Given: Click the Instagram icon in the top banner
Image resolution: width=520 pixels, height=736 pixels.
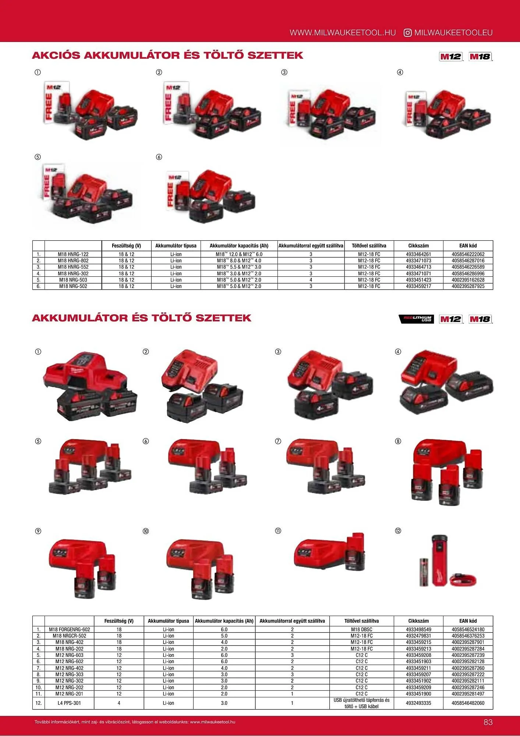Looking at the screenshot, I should pyautogui.click(x=407, y=33).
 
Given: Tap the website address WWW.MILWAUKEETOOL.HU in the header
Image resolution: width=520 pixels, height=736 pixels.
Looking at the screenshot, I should pyautogui.click(x=343, y=33).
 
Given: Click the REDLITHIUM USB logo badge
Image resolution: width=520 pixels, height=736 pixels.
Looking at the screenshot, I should pyautogui.click(x=416, y=319).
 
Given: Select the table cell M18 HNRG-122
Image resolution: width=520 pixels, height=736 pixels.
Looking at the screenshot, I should pyautogui.click(x=73, y=254).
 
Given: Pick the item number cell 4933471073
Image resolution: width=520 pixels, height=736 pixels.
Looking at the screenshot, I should pyautogui.click(x=418, y=261).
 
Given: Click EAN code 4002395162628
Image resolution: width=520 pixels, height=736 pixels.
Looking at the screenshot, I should pyautogui.click(x=468, y=280).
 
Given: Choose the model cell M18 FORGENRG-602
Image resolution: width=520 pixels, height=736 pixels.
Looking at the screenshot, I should pyautogui.click(x=70, y=629).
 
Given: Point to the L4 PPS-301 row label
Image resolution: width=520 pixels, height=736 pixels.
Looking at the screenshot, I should pyautogui.click(x=70, y=703).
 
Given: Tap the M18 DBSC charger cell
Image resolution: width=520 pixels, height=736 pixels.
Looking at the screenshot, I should pyautogui.click(x=361, y=629).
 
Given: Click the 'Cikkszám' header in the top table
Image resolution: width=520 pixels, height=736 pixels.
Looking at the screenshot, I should pyautogui.click(x=418, y=245).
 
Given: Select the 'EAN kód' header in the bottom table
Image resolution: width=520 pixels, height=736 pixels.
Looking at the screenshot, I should pyautogui.click(x=468, y=621).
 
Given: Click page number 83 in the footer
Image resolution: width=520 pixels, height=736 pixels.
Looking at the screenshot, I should pyautogui.click(x=488, y=722).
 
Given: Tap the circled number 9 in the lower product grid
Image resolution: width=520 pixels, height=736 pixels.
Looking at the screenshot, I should pyautogui.click(x=38, y=531).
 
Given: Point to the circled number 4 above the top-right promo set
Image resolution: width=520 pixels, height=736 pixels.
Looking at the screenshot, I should pyautogui.click(x=400, y=72).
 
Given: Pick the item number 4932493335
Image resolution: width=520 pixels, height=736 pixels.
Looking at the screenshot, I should pyautogui.click(x=418, y=703).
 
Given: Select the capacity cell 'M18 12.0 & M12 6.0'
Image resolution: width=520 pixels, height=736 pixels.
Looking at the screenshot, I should pyautogui.click(x=239, y=254).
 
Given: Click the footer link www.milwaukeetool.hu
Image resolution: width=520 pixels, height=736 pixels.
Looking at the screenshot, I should pyautogui.click(x=213, y=722).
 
